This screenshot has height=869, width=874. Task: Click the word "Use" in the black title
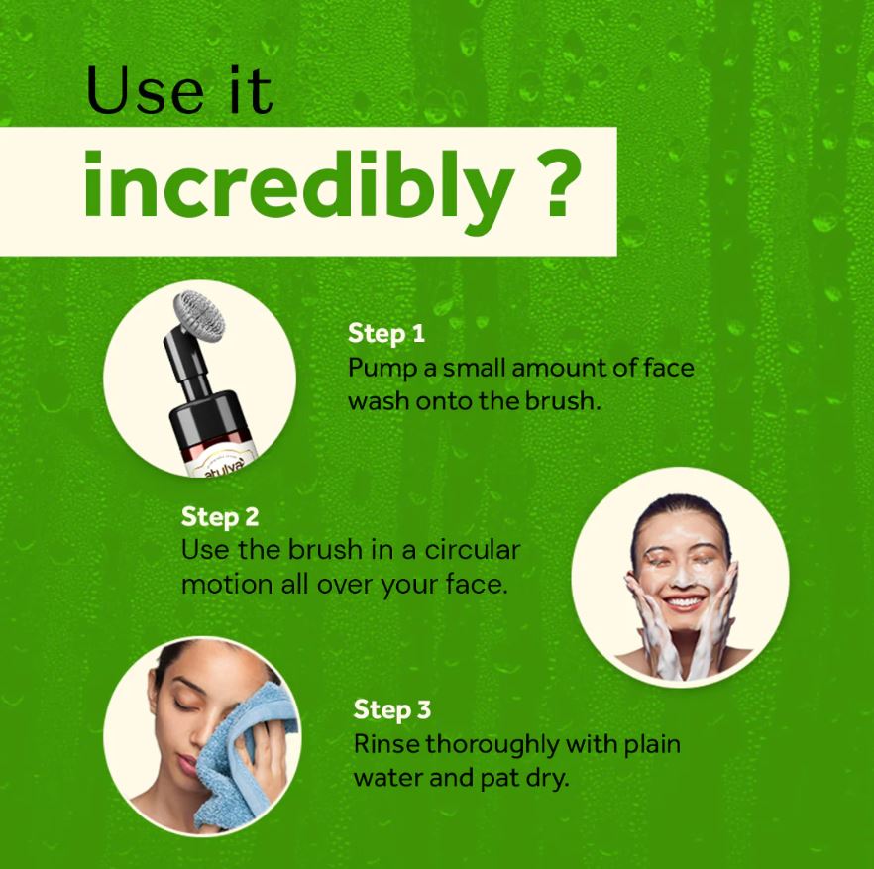tap(145, 90)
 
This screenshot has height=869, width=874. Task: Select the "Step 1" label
tap(386, 333)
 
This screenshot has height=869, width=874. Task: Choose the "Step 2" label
tap(220, 516)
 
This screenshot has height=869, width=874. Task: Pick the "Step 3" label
tap(391, 709)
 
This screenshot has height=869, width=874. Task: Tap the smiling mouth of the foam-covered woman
tap(685, 602)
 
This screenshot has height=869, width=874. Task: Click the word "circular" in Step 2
tap(473, 550)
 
